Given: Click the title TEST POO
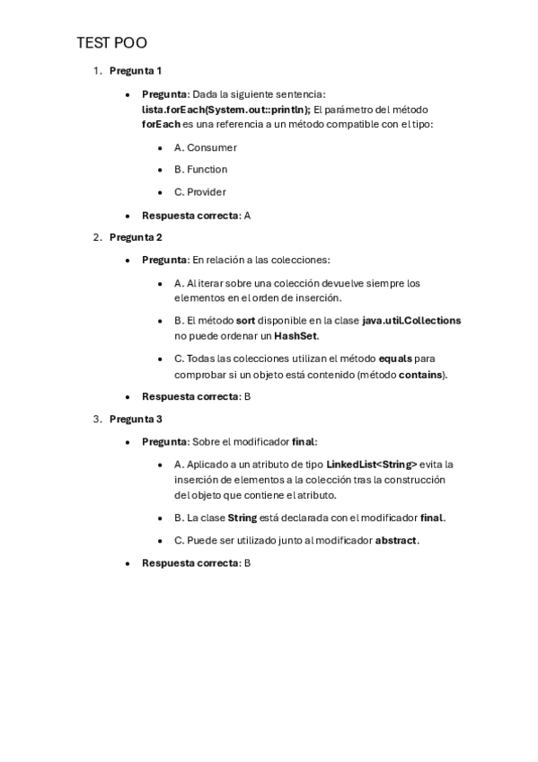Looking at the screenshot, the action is [111, 42].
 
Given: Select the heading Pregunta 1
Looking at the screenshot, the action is [136, 70].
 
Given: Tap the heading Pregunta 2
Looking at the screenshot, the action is [136, 237].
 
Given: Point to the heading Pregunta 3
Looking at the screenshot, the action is [136, 419].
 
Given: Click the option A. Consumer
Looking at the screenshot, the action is [206, 146].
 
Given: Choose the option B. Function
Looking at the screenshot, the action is [201, 169].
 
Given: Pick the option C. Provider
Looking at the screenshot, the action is [200, 191].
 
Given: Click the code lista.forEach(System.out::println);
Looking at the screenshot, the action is [225, 109].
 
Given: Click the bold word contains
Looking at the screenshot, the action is [420, 374].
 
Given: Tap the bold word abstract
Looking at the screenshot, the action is [396, 540].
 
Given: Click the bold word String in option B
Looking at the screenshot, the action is [243, 518].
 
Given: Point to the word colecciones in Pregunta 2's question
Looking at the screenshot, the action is [301, 260].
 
